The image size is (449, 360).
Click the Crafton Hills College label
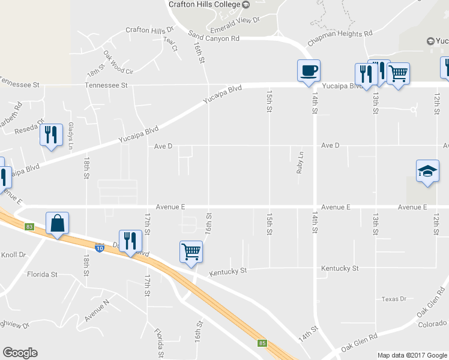[203, 5]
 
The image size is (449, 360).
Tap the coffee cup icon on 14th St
[309, 71]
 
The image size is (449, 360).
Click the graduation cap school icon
[427, 171]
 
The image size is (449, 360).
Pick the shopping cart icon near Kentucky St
[191, 251]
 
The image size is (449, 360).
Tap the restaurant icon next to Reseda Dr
[51, 134]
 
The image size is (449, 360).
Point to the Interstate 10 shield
[99, 247]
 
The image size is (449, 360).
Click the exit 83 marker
[29, 226]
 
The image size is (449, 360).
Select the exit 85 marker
[262, 343]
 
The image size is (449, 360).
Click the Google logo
[20, 353]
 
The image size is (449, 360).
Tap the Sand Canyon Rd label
[214, 37]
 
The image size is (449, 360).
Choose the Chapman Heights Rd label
[340, 38]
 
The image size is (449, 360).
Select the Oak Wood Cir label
[117, 62]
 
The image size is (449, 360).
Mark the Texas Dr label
[394, 299]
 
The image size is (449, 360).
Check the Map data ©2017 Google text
[411, 355]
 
